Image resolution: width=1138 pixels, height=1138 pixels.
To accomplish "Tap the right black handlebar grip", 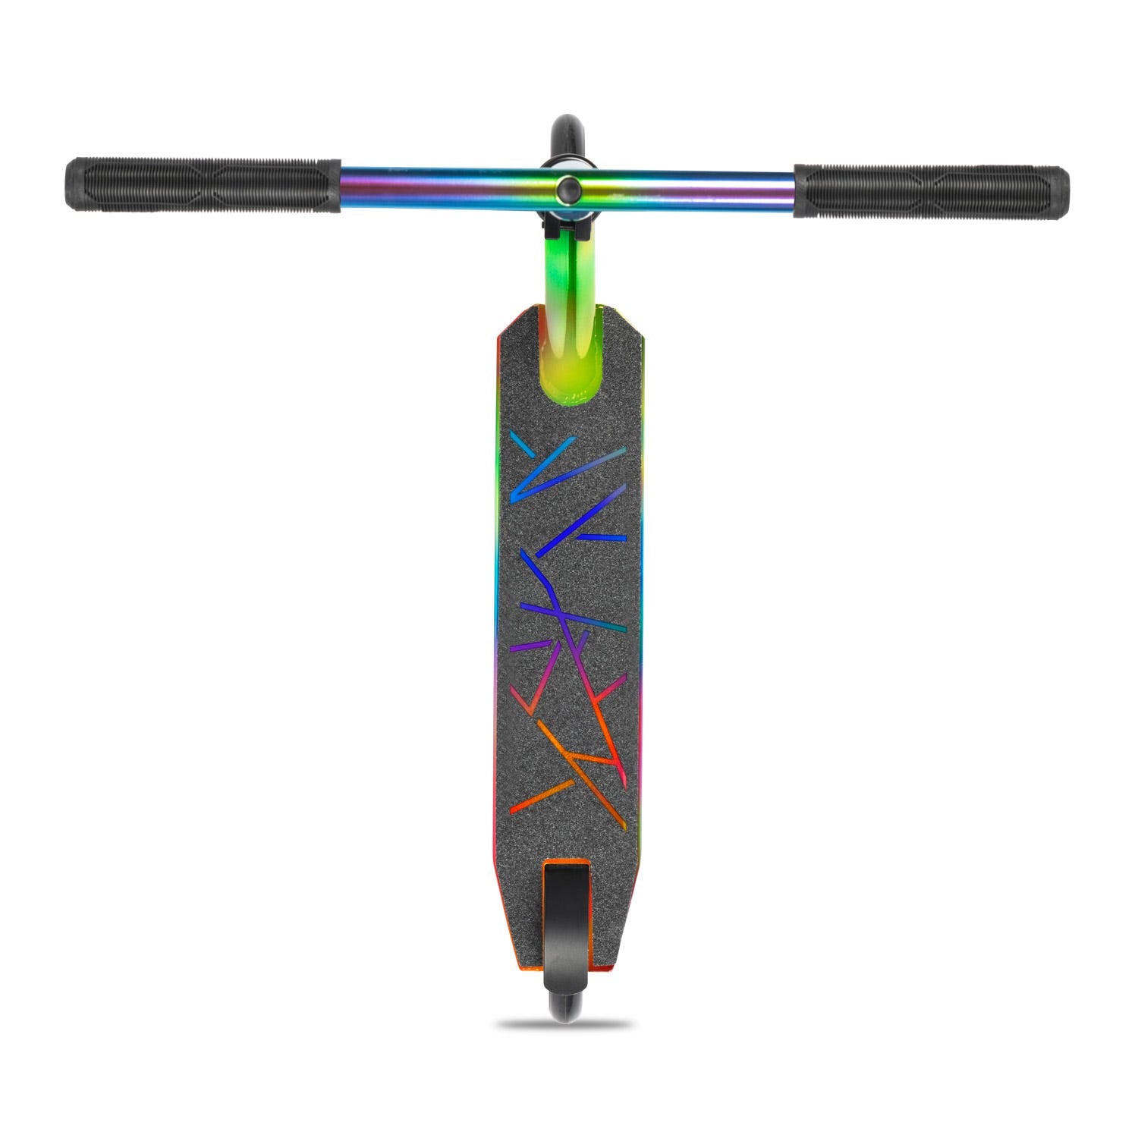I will (x=932, y=190).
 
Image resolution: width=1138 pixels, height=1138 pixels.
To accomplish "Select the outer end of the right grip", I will (x=1064, y=192).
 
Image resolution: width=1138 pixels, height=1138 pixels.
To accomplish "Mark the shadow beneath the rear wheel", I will (x=565, y=1024).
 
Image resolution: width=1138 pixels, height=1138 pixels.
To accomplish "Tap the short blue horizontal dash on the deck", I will (x=604, y=536).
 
